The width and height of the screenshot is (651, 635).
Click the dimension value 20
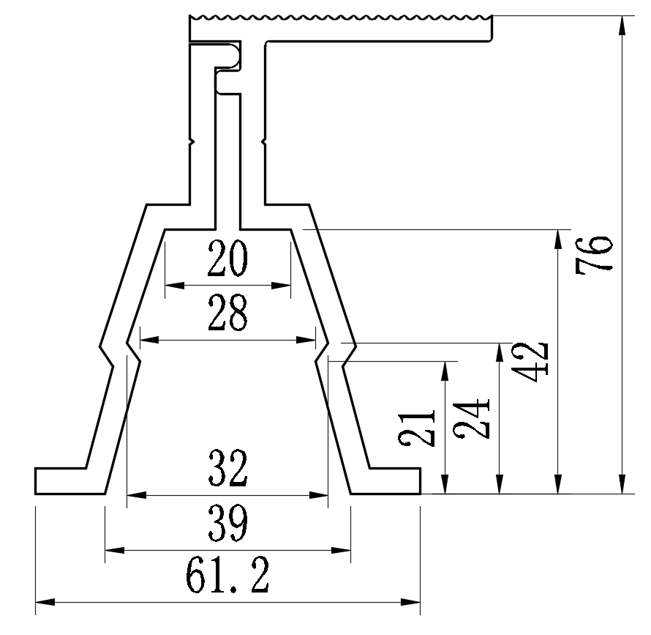point(227,259)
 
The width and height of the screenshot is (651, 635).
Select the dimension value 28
point(227,313)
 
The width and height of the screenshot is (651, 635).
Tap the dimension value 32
point(227,470)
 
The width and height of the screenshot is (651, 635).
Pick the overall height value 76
point(594,254)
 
